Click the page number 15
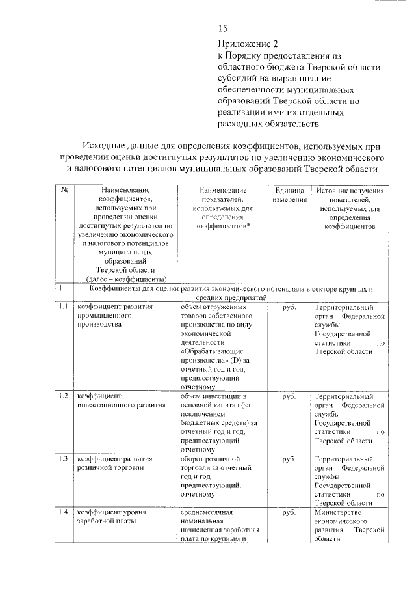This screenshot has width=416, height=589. click(223, 28)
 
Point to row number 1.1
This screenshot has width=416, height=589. click(64, 307)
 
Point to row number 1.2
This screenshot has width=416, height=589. click(64, 396)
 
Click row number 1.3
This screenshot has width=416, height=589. click(64, 459)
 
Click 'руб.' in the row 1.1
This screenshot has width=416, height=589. click(290, 307)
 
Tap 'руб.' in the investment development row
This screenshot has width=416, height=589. click(290, 396)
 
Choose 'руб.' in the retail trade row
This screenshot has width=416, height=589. click(290, 459)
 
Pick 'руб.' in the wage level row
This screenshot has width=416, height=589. click(290, 512)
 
